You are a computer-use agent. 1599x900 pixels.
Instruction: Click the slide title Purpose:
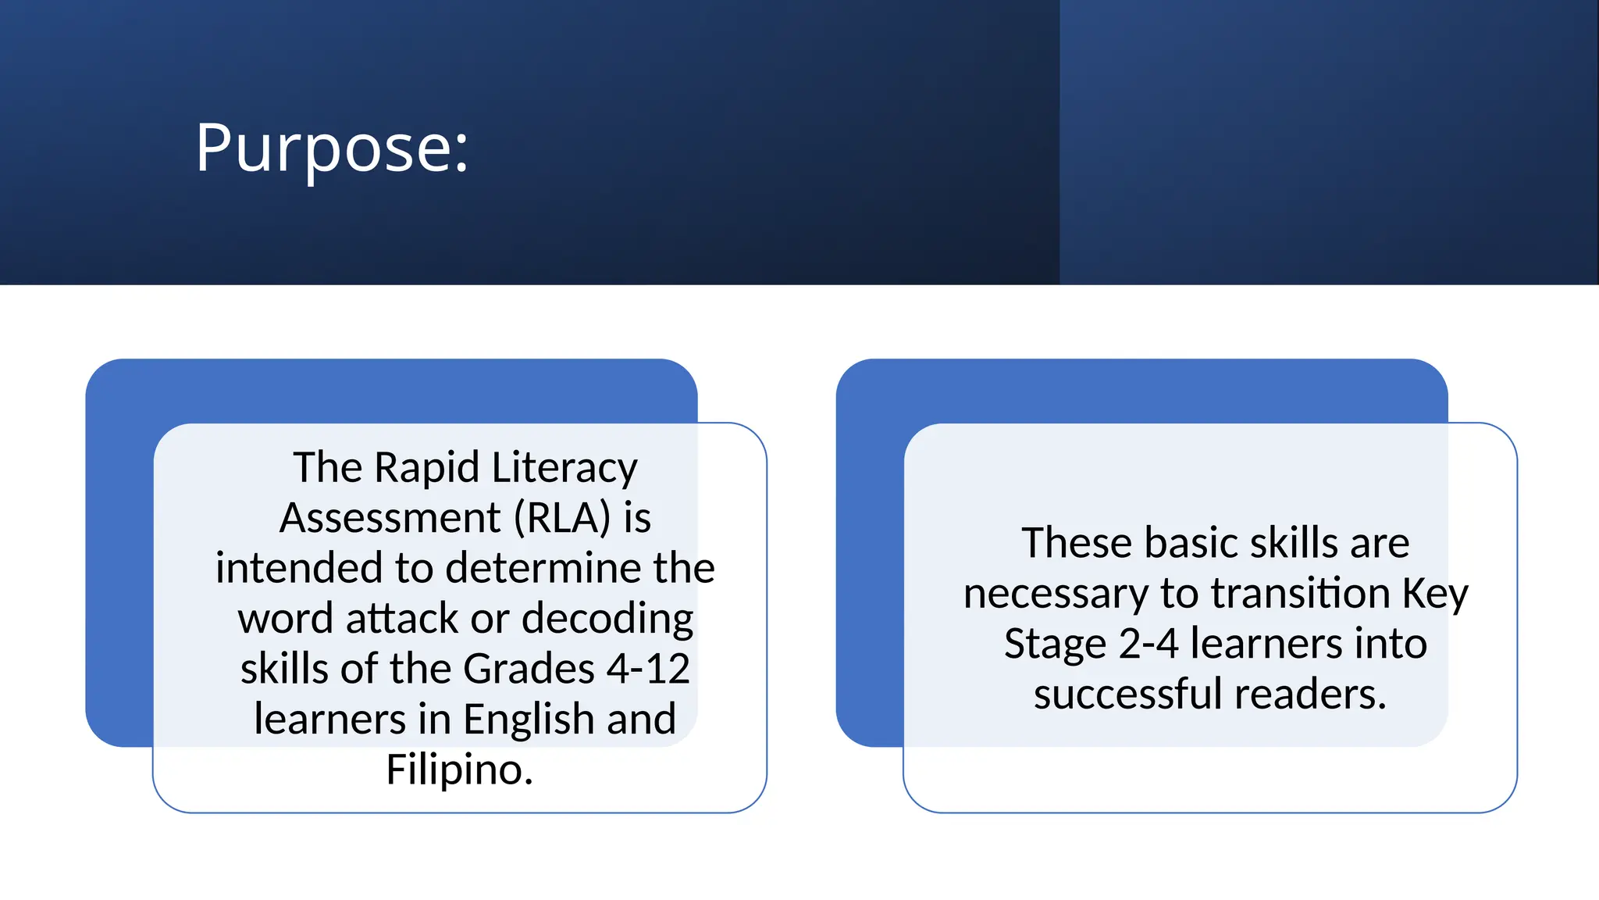[332, 147]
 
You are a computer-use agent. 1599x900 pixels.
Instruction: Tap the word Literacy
[564, 467]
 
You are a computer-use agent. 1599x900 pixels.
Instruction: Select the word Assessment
[390, 517]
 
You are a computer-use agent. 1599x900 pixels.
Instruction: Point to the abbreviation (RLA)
[562, 517]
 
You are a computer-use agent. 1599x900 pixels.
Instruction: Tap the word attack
[402, 618]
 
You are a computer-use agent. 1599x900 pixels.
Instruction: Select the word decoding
[607, 618]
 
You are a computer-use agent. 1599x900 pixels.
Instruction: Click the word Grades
[529, 669]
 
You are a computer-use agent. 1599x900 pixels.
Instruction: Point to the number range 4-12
[648, 669]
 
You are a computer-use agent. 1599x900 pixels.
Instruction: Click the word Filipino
[459, 769]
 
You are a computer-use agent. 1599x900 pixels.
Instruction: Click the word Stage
[1055, 644]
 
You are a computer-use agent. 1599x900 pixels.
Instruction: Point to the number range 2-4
[1148, 644]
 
